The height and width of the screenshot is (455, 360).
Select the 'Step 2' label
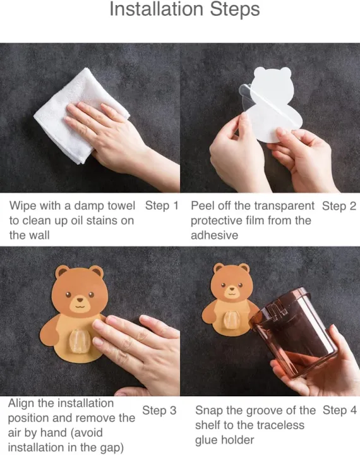[339, 206]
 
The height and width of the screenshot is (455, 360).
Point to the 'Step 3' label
[159, 411]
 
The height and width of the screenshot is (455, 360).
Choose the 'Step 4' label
[339, 410]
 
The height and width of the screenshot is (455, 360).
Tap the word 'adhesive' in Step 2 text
[215, 235]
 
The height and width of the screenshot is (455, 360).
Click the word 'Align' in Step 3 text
[21, 403]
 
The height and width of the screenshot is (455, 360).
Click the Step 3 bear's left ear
[62, 274]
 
